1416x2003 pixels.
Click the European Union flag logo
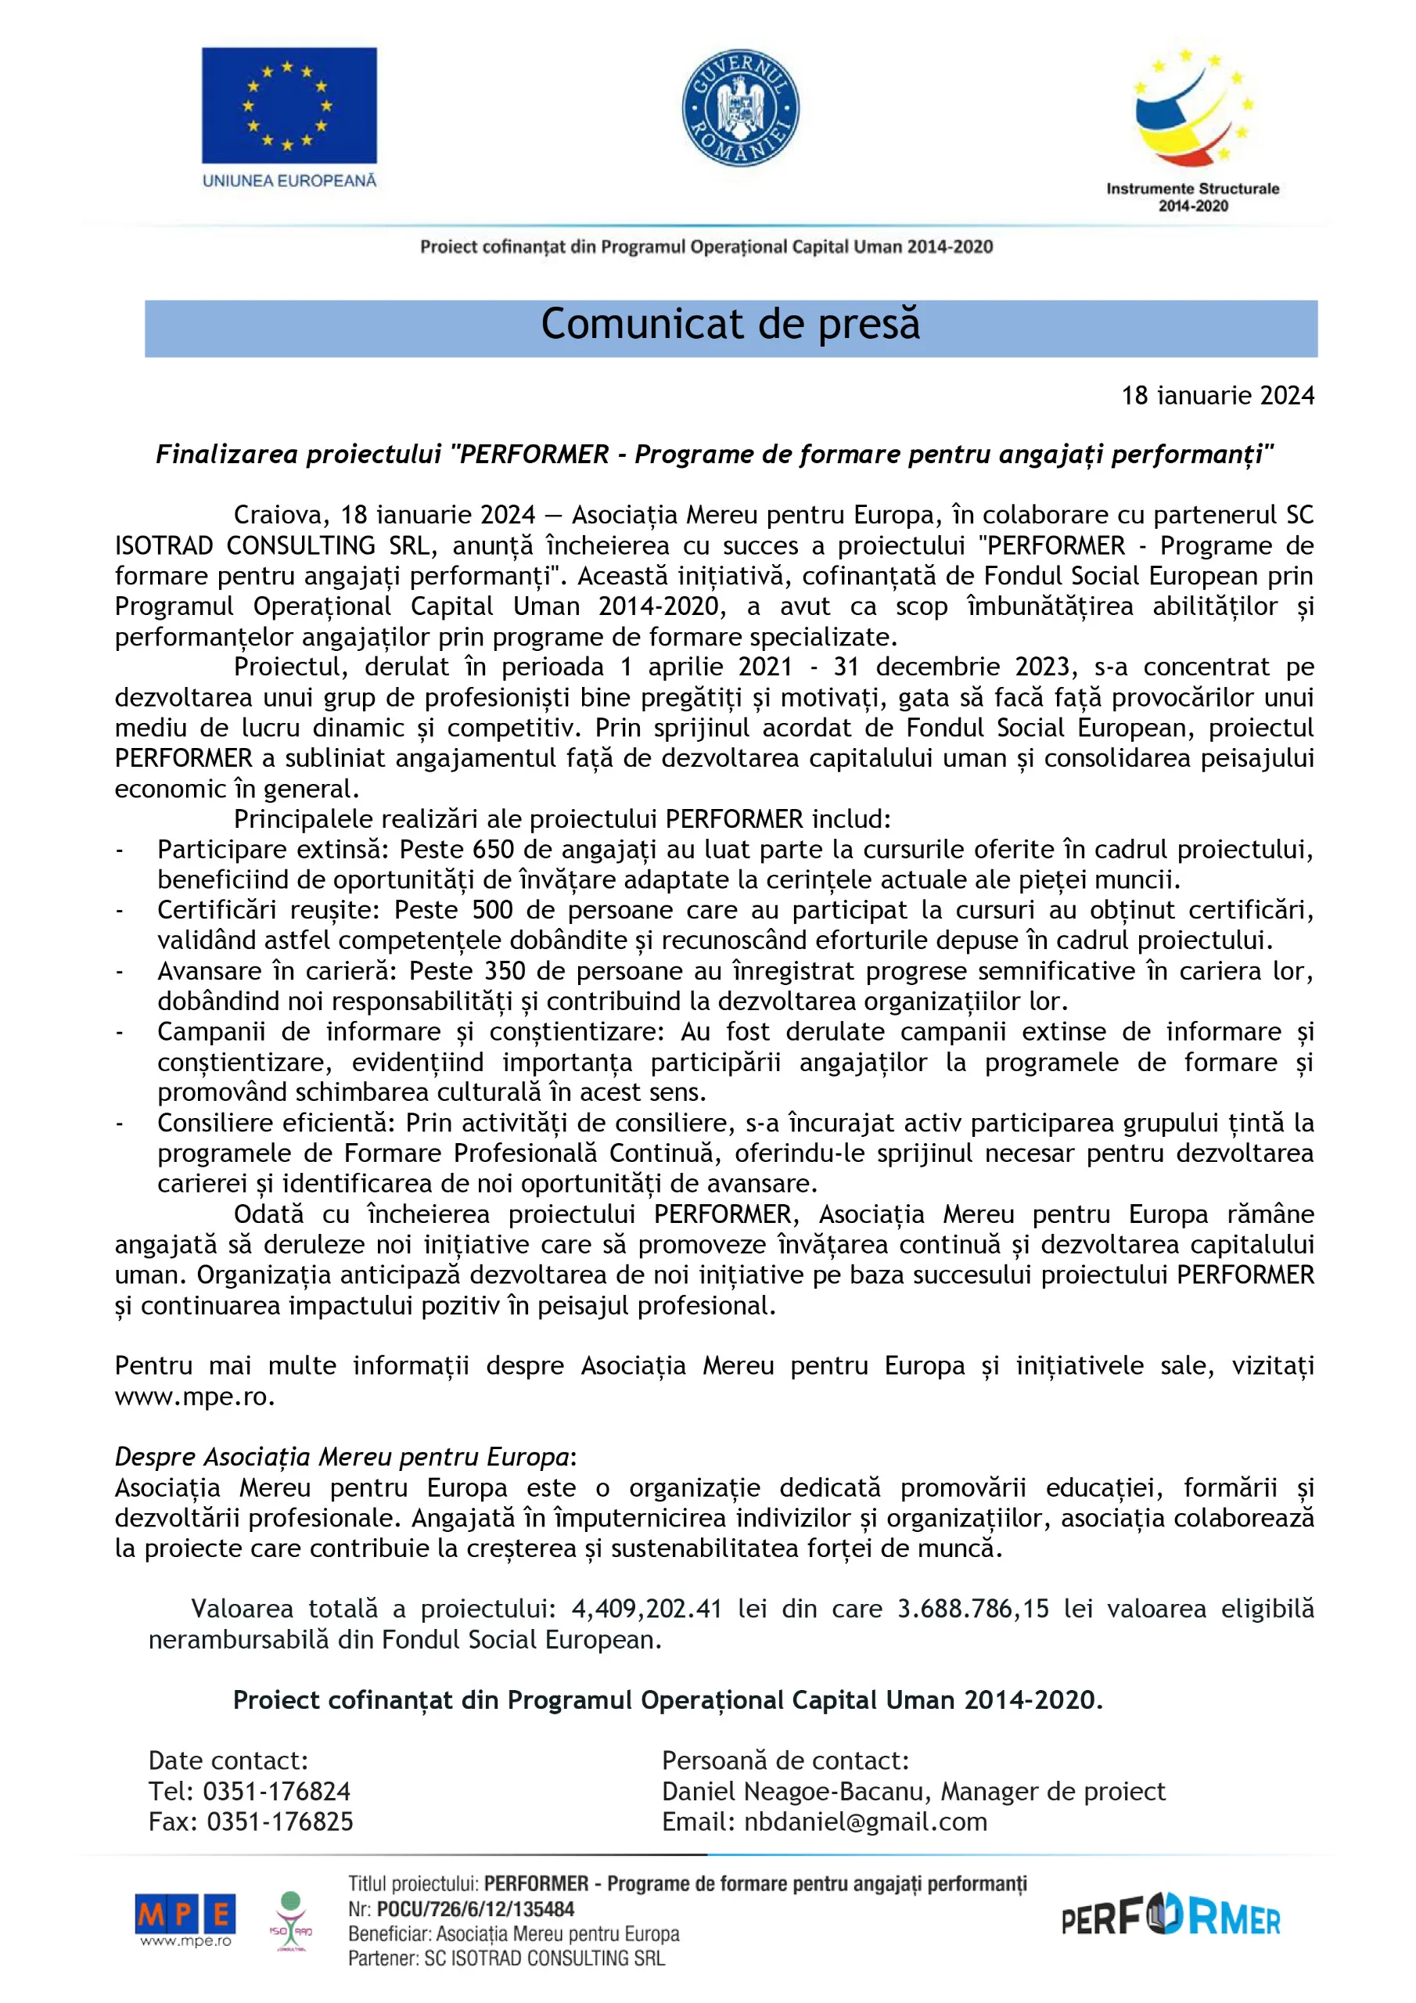pyautogui.click(x=289, y=106)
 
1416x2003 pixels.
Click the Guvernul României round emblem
pyautogui.click(x=740, y=108)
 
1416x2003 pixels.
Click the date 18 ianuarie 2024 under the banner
pyautogui.click(x=1217, y=396)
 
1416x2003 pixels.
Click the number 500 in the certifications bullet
pyautogui.click(x=493, y=910)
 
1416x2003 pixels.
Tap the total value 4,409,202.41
pyautogui.click(x=646, y=1609)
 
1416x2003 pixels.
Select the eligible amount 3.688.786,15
pyautogui.click(x=972, y=1609)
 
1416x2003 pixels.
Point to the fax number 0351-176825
pyautogui.click(x=279, y=1821)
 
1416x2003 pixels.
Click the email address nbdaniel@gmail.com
pyautogui.click(x=865, y=1821)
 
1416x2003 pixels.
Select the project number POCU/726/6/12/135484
pyautogui.click(x=476, y=1909)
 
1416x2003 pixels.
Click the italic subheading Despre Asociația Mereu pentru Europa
pyautogui.click(x=342, y=1457)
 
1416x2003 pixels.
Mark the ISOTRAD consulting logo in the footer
pyautogui.click(x=290, y=1919)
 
